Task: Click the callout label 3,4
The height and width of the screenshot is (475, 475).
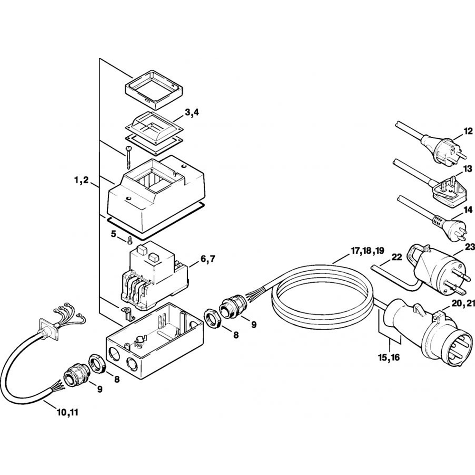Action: [192, 113]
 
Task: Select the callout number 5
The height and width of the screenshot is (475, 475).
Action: [114, 234]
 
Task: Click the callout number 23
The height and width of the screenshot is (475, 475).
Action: [470, 247]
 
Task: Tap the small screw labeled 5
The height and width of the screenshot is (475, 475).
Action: [129, 239]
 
